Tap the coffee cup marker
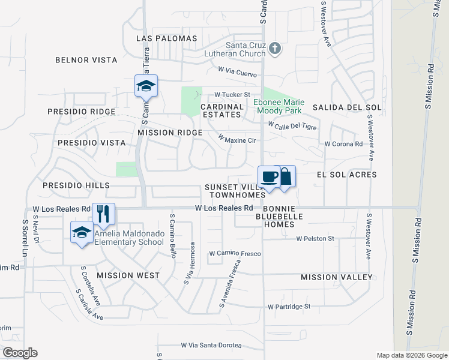tap(269, 177)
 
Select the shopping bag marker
tap(285, 177)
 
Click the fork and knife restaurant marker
tap(104, 214)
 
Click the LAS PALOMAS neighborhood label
tap(167, 38)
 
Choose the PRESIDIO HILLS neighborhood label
tap(76, 186)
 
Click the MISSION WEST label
tap(128, 275)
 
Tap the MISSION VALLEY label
tap(337, 277)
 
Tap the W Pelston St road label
tap(315, 239)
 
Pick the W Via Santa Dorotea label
tap(211, 346)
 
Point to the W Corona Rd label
tap(343, 144)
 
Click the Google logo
tap(20, 352)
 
